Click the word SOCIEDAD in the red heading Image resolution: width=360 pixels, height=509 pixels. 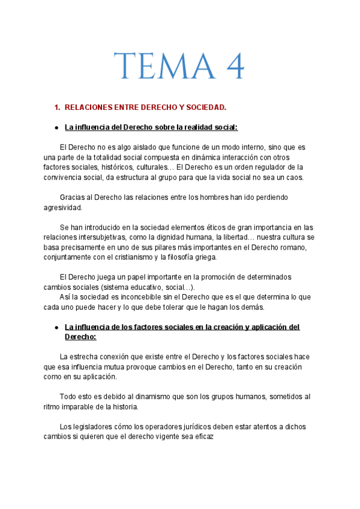206,107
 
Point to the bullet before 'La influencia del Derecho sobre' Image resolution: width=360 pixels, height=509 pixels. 56,127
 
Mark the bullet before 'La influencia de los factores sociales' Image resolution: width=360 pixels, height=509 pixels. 56,327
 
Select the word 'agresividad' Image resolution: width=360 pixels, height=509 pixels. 62,207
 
